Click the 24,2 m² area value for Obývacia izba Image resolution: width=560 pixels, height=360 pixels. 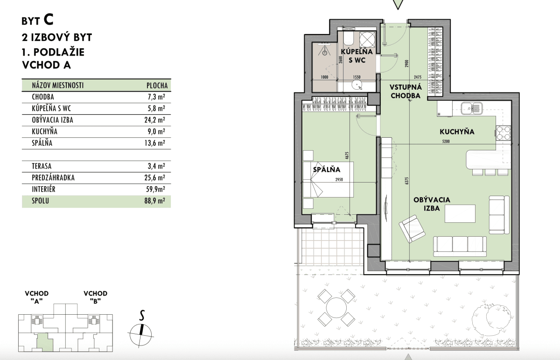coord(155,120)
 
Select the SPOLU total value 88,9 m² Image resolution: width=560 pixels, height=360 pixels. coord(155,201)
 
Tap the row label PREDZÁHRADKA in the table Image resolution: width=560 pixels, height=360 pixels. coord(53,177)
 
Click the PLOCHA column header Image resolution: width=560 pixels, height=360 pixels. coord(157,85)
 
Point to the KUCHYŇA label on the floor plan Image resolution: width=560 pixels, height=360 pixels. coord(457,132)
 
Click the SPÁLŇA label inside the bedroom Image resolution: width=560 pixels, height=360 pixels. coord(327,169)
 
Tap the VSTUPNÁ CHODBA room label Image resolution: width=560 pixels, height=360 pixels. coord(406,92)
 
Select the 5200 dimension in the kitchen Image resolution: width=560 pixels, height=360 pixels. coord(446,141)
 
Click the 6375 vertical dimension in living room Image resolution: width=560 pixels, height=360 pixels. coord(407,181)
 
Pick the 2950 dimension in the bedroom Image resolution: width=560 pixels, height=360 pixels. coord(339,179)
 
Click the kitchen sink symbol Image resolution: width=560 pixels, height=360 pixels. coord(472,108)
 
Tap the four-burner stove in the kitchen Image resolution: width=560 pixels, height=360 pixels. coord(504,133)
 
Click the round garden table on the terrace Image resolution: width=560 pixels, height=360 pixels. coord(336,308)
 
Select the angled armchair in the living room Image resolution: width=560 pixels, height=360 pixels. coord(412,229)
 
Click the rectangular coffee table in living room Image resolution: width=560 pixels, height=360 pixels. coord(460,214)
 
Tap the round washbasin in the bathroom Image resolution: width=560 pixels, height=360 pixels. coord(357,85)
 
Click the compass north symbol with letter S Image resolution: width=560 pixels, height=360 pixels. coord(141,329)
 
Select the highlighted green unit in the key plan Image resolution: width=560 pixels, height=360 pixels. coord(45,342)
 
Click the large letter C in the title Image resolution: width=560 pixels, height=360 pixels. coord(49,20)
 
